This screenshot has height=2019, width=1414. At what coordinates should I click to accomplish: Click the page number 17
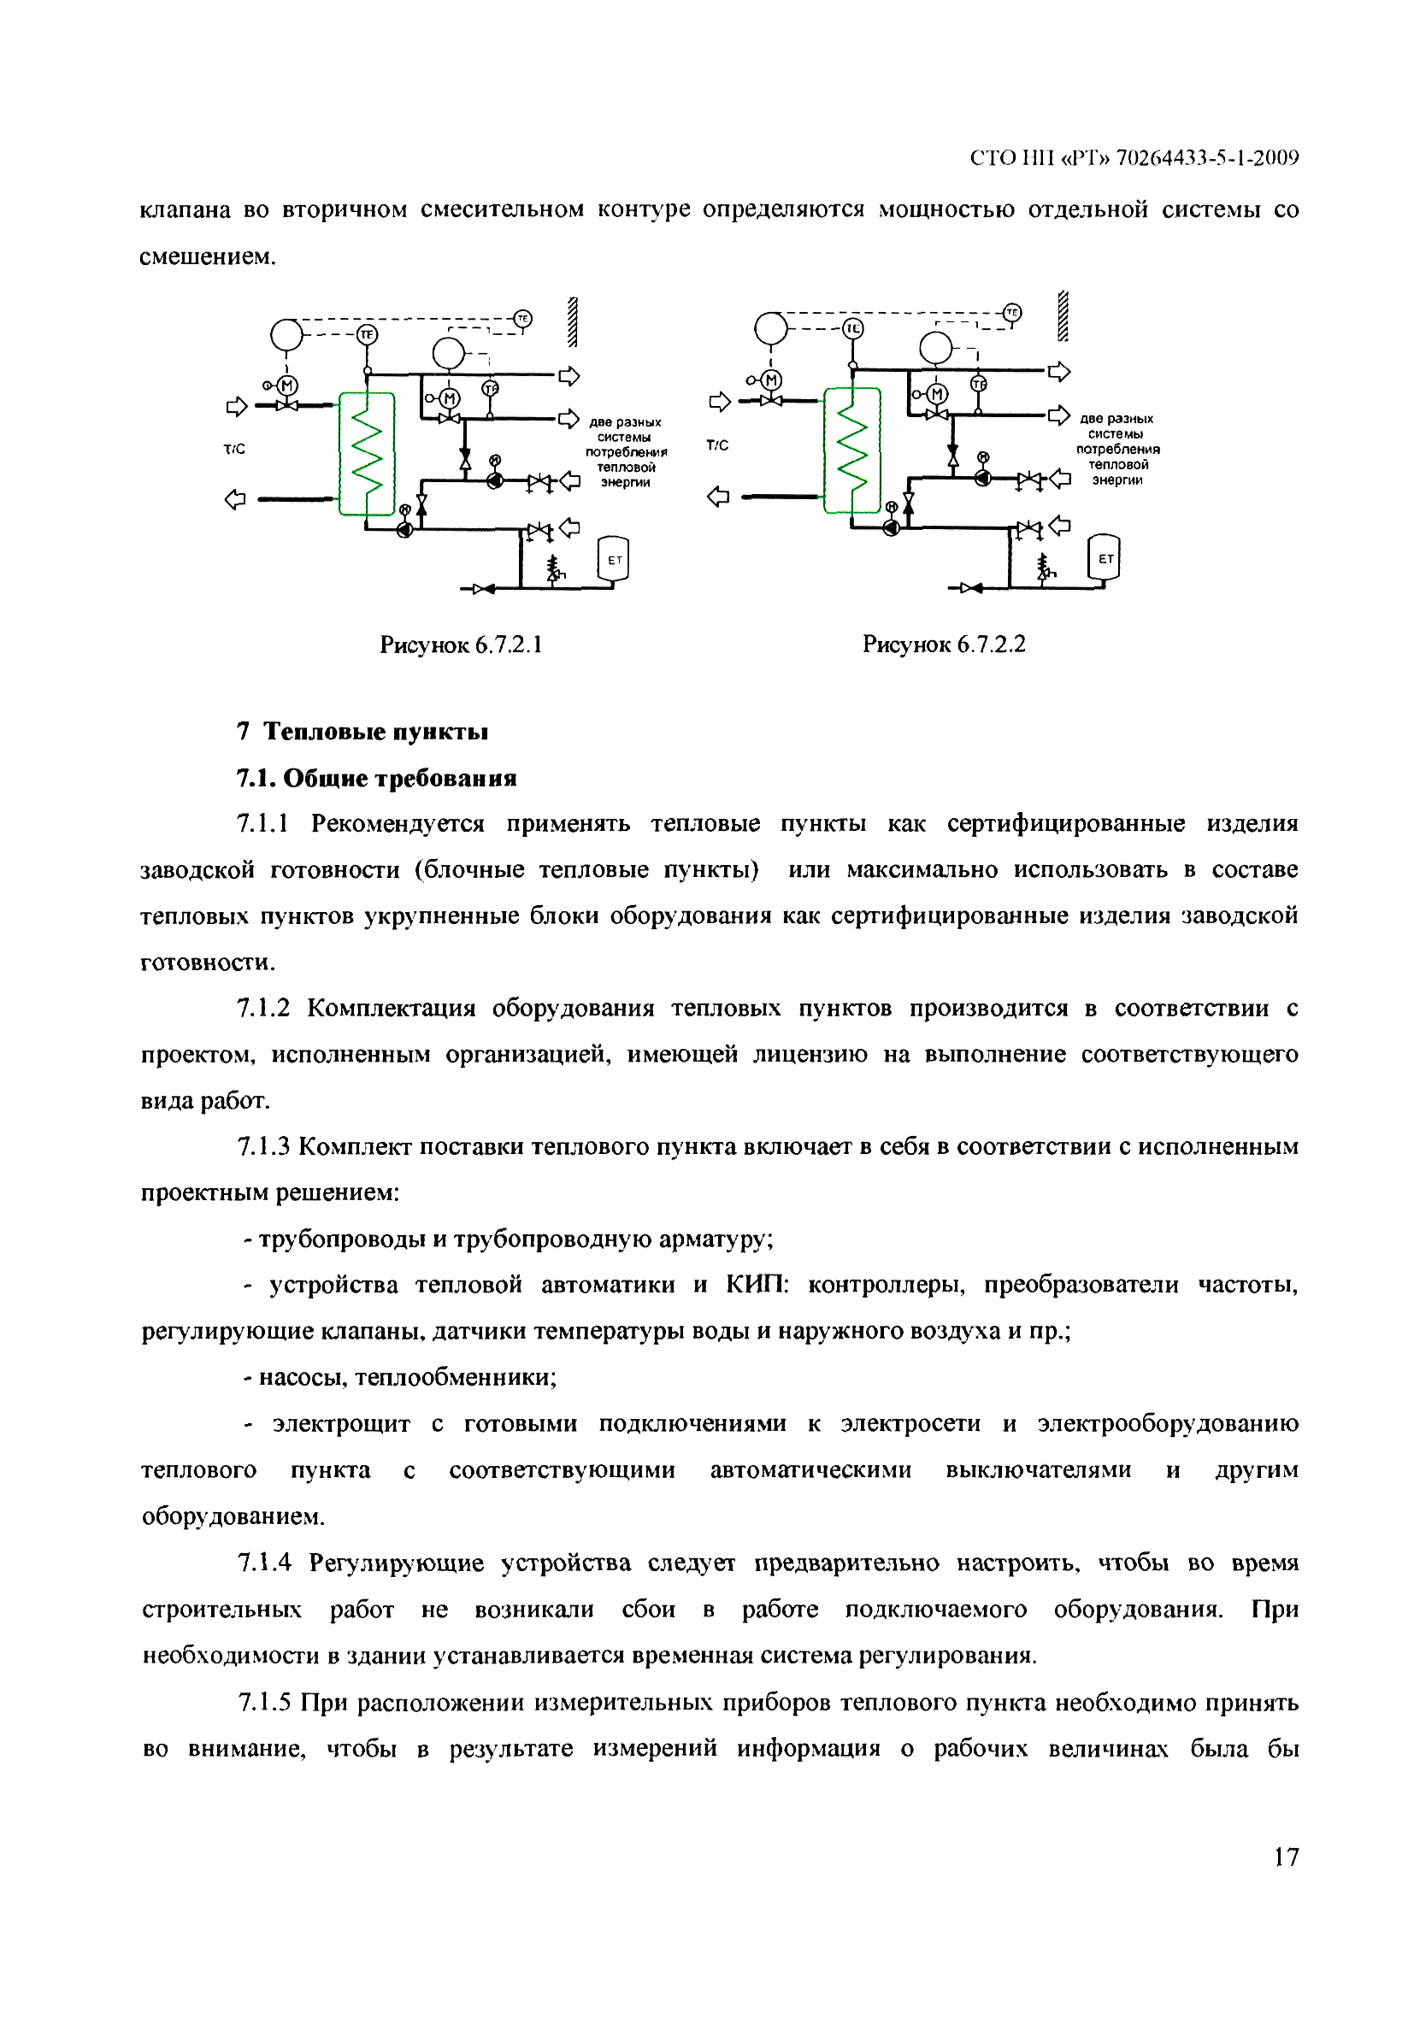point(1285,1857)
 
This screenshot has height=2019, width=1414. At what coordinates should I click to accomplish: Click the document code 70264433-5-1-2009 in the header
point(1206,158)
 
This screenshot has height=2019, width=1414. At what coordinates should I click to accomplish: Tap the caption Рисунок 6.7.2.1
point(461,645)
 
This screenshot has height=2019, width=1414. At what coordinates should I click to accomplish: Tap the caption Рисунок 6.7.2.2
point(944,645)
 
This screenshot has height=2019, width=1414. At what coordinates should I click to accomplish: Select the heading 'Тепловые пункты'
point(375,732)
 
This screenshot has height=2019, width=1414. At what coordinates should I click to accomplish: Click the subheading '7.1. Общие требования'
point(376,778)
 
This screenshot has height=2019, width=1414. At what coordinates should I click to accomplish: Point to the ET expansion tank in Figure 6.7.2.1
point(614,560)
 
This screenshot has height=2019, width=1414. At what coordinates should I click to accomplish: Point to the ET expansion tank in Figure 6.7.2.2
point(1105,558)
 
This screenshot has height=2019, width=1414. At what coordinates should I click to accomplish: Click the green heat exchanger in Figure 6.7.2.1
point(367,454)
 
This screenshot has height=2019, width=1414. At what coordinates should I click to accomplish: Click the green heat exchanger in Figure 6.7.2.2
point(851,450)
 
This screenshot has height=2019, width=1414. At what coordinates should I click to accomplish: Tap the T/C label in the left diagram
point(234,450)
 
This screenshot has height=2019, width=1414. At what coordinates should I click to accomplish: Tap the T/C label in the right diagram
point(717,446)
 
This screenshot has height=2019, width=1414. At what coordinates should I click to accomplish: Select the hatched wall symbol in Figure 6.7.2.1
point(573,323)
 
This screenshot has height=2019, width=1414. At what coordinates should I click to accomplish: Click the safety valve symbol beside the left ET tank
point(554,568)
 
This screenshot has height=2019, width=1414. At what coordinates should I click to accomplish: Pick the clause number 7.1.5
point(264,1704)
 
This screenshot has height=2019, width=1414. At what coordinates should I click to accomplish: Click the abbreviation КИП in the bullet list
point(757,1286)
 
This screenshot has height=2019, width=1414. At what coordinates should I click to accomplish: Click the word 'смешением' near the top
point(208,256)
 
